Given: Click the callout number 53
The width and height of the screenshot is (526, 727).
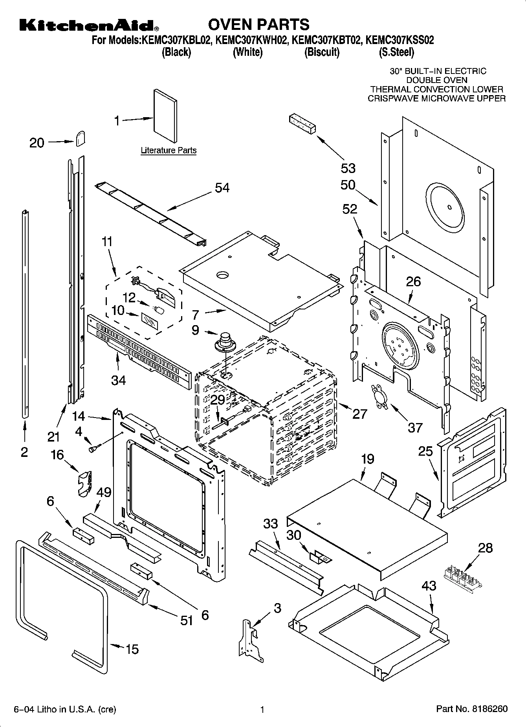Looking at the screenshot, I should (x=348, y=168).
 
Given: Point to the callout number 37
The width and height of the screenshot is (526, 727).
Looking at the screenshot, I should (x=415, y=427).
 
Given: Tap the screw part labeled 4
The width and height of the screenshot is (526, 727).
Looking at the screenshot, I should (x=95, y=448).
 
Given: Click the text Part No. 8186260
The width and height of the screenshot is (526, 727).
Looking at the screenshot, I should (x=472, y=709).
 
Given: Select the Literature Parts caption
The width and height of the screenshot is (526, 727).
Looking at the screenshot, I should (x=169, y=151).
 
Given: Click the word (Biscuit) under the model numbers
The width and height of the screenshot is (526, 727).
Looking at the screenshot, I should (x=322, y=52).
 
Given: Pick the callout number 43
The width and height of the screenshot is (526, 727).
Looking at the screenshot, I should (x=429, y=586).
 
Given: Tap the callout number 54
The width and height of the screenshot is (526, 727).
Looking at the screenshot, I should (x=222, y=188).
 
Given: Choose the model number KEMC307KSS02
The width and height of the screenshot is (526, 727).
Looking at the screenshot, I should (x=400, y=40).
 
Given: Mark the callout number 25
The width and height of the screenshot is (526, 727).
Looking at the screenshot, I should (x=425, y=451).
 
